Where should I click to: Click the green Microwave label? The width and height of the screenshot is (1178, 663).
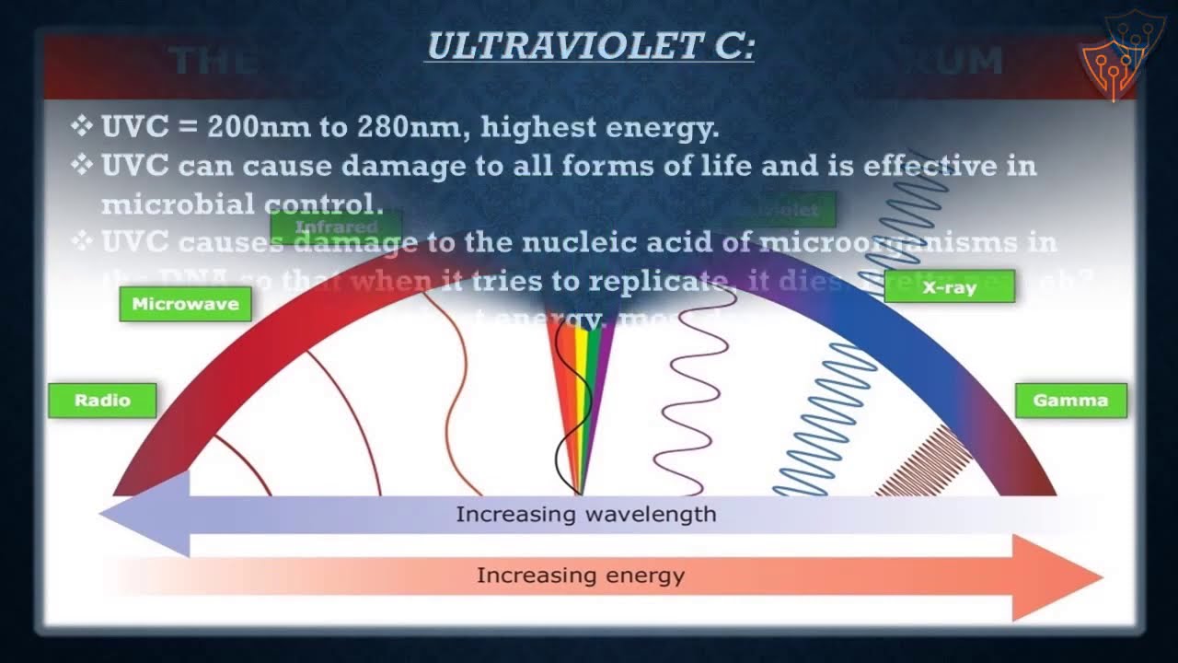coord(185,304)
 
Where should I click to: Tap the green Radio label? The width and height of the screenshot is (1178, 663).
coord(102,401)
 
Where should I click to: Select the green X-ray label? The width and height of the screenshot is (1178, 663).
coord(949,287)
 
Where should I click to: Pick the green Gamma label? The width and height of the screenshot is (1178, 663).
coord(1070,401)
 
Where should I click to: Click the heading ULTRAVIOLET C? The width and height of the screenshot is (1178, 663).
coord(589,47)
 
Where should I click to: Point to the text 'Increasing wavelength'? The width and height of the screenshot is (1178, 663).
coord(586,514)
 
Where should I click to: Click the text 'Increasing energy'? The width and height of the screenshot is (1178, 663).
coord(581,576)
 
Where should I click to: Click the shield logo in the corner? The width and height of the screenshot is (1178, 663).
coord(1111,55)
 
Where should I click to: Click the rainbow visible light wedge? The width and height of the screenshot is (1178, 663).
coord(579,396)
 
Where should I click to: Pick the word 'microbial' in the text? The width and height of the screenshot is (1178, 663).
coord(167,204)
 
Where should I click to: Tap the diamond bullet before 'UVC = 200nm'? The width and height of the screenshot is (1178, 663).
coord(82,126)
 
